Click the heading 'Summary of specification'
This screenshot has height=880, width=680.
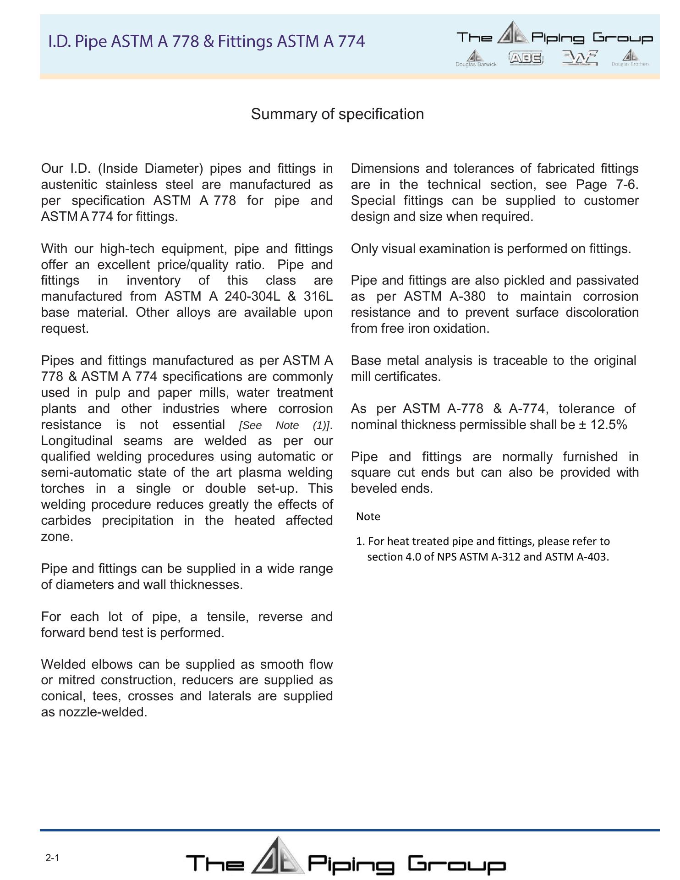coord(337,114)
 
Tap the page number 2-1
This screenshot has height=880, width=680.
coord(52,858)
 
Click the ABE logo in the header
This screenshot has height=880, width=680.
coord(526,58)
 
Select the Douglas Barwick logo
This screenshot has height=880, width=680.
coord(476,58)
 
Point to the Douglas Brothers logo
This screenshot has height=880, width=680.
coord(631,58)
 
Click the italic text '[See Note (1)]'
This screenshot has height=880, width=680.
coord(285,425)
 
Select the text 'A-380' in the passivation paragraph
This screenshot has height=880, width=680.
coord(467,297)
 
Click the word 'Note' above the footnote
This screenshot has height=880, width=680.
coord(368,517)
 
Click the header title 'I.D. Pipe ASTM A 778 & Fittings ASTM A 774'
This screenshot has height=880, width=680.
coord(207,41)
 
